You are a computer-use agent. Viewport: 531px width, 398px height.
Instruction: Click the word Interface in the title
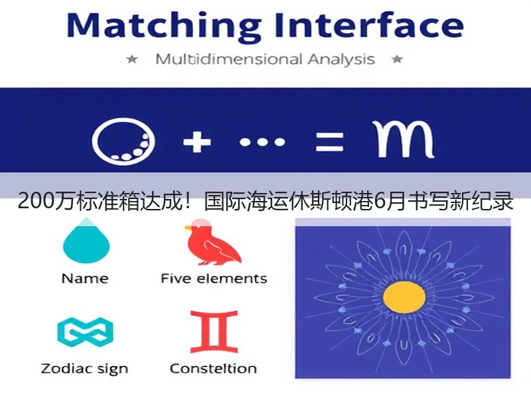(x=369, y=25)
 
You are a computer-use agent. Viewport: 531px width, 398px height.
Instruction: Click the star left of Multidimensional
(x=131, y=60)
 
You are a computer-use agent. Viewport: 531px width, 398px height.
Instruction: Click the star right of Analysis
(x=397, y=60)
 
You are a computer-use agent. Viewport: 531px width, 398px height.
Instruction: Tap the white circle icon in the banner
(x=123, y=141)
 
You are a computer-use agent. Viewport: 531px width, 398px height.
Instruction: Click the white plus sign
(x=196, y=142)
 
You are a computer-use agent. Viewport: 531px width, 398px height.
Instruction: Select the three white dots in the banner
(x=262, y=142)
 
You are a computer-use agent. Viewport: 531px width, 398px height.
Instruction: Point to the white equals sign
(x=329, y=142)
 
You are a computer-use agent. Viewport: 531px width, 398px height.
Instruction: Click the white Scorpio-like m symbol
(x=404, y=139)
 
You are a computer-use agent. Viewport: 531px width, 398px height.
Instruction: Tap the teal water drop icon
(x=86, y=241)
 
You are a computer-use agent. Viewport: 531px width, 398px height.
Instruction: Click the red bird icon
(x=212, y=243)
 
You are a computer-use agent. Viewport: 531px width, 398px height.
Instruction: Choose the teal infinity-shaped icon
(x=85, y=333)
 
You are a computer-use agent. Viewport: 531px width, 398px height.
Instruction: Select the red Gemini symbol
(x=214, y=332)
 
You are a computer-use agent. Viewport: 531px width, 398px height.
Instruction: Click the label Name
(x=85, y=279)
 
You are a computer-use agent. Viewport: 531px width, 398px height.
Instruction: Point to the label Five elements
(x=214, y=279)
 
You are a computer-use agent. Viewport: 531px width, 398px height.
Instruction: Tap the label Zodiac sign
(x=84, y=369)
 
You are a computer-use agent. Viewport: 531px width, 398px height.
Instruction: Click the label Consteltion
(x=213, y=369)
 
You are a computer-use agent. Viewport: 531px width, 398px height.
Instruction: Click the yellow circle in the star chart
(x=404, y=297)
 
